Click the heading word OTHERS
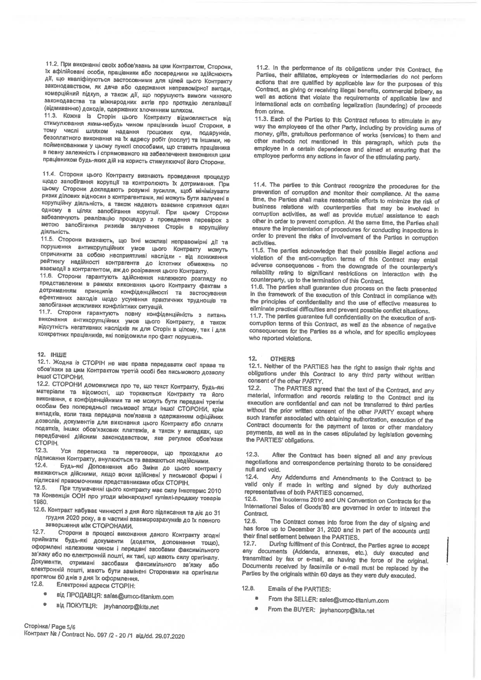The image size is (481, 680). (282, 359)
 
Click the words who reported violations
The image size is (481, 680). (280, 339)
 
